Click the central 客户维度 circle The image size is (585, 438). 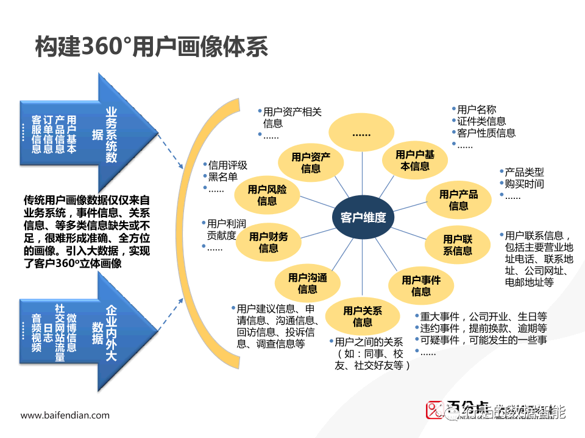click(x=363, y=217)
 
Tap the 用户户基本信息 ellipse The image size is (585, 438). click(x=415, y=160)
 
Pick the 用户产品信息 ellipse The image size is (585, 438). click(x=459, y=200)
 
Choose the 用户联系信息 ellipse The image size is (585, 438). click(x=458, y=245)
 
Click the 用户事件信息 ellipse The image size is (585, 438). click(x=420, y=286)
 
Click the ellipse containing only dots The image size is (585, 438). click(x=361, y=132)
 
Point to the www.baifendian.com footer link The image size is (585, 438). click(x=65, y=415)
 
